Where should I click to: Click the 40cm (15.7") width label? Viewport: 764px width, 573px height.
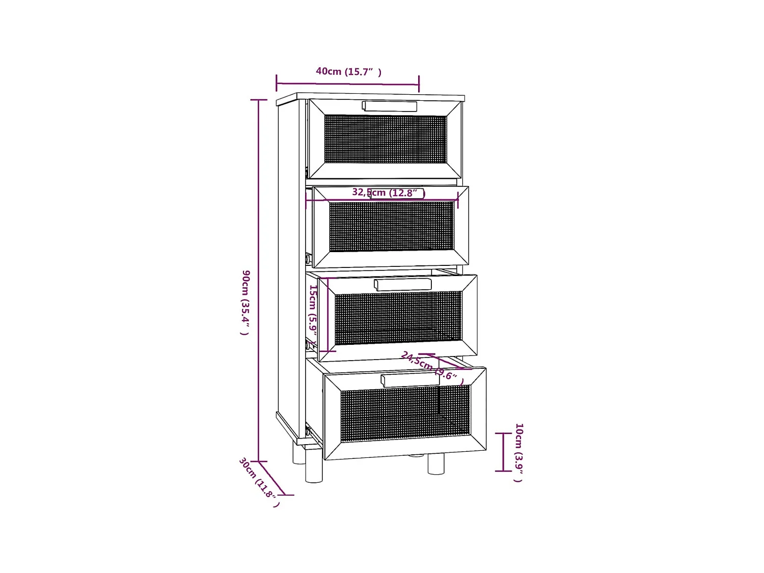tap(348, 71)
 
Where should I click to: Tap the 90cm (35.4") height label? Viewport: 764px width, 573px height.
tap(245, 302)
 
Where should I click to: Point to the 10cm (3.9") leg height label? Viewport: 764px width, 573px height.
tap(519, 452)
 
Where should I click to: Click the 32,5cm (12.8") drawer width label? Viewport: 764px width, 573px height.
tap(388, 193)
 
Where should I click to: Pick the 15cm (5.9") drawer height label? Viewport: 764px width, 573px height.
tap(313, 313)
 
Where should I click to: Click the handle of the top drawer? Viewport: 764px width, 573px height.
tap(390, 106)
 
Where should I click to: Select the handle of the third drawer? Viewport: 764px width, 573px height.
tap(402, 284)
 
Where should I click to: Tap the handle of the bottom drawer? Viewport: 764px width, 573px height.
tap(410, 379)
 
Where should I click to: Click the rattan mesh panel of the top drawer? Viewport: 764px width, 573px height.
tap(385, 139)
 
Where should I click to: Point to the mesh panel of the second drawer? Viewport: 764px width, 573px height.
tap(391, 226)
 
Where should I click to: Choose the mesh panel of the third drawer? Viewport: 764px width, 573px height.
tap(398, 317)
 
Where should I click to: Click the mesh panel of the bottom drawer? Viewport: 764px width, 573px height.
tap(405, 413)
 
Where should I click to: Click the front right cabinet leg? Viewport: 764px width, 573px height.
tap(436, 463)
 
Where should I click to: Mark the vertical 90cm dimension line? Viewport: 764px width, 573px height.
tap(259, 280)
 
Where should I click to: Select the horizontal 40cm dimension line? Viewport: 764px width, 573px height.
tap(347, 83)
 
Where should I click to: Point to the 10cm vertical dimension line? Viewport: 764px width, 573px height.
tap(504, 452)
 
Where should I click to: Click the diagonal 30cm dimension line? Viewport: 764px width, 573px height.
tap(271, 478)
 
